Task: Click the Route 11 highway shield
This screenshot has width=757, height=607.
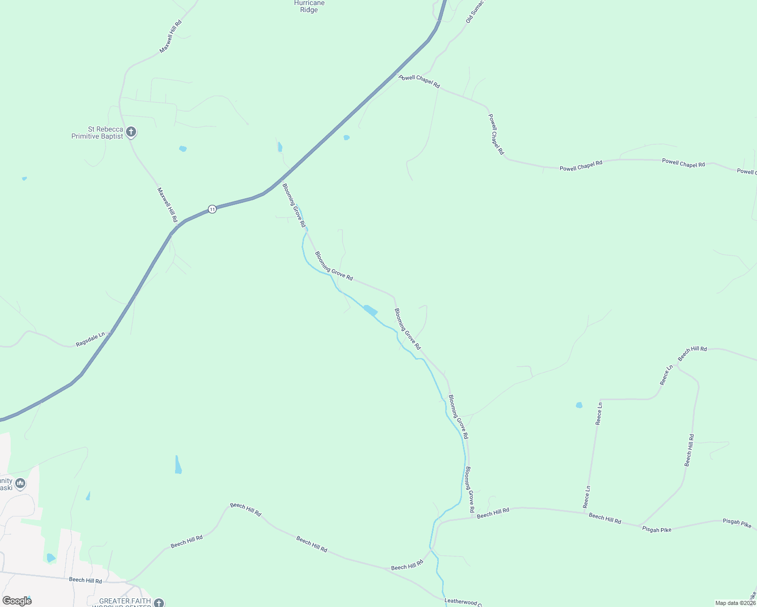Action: (213, 209)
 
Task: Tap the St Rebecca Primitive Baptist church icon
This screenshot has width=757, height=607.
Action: (131, 133)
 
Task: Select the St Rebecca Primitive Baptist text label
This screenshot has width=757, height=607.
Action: (97, 133)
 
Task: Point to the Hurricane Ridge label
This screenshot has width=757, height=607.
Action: (309, 7)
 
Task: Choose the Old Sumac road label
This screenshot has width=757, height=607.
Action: (475, 12)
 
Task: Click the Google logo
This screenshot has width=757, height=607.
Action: (17, 601)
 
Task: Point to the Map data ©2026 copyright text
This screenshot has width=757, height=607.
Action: (735, 603)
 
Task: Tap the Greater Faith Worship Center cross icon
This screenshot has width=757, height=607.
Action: (159, 603)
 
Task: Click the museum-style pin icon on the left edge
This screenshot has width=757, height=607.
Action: (20, 484)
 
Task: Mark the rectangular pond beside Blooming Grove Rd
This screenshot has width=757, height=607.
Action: (370, 310)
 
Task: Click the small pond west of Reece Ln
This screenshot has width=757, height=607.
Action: (579, 405)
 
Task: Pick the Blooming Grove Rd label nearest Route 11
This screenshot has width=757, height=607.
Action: (294, 205)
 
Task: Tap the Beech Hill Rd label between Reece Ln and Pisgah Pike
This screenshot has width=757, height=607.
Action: (605, 518)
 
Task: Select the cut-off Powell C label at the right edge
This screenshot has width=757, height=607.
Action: (746, 171)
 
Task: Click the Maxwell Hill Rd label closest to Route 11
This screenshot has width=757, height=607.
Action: (167, 205)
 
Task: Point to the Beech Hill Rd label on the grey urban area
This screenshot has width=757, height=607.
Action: (86, 580)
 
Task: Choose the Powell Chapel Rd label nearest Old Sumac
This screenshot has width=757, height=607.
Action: (419, 81)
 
